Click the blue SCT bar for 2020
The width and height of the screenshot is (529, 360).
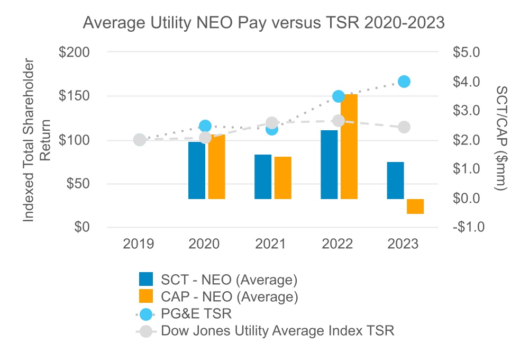(x=197, y=170)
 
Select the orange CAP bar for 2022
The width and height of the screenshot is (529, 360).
(x=349, y=147)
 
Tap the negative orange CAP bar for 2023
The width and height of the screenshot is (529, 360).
(x=415, y=206)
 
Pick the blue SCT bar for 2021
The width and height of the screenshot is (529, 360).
(x=263, y=177)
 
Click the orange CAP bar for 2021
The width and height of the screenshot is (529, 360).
(x=283, y=178)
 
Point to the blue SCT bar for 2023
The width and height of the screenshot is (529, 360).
(x=395, y=181)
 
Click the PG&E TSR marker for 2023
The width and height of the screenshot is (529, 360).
(x=404, y=82)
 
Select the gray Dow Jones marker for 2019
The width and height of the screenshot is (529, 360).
(x=140, y=140)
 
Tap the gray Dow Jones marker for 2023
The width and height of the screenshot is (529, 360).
(x=404, y=127)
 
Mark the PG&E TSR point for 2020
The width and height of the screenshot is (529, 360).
(x=205, y=126)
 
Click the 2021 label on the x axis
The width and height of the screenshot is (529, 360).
(x=271, y=244)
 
